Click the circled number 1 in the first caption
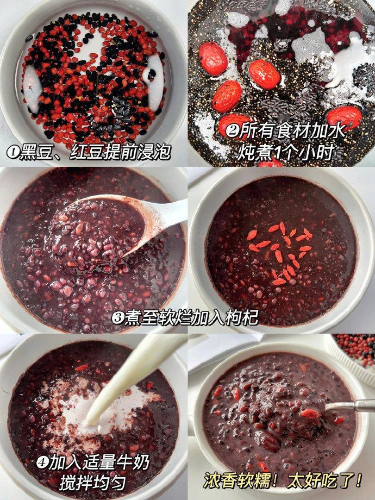pyautogui.click(x=13, y=152)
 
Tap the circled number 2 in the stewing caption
pyautogui.click(x=232, y=130)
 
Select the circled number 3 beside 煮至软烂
pyautogui.click(x=118, y=318)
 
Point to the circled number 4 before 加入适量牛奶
pyautogui.click(x=42, y=462)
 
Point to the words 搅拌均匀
pyautogui.click(x=93, y=483)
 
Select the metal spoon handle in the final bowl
pyautogui.click(x=350, y=405)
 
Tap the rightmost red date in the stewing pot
pyautogui.click(x=345, y=118)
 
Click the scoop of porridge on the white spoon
pyautogui.click(x=96, y=233)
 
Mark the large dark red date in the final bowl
pyautogui.click(x=267, y=441)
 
